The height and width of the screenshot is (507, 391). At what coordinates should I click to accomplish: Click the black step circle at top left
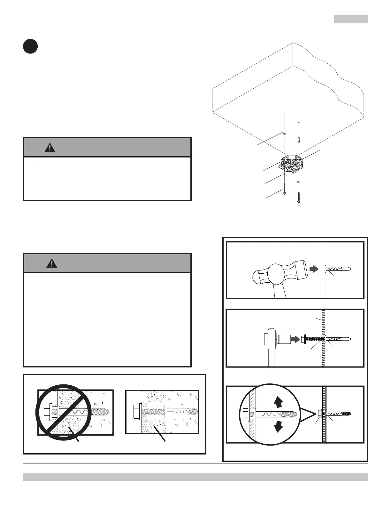coord(30,46)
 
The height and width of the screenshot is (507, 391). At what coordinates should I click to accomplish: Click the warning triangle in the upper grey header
coord(50,148)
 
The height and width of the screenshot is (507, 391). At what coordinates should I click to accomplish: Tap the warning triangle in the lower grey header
coord(51,263)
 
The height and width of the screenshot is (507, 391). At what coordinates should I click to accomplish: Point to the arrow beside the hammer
coord(315,269)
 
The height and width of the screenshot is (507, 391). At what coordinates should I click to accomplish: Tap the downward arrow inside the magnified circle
coord(279,426)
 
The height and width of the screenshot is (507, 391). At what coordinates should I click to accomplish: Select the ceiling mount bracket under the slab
coord(290,165)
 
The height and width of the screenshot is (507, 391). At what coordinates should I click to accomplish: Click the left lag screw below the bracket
coord(284,189)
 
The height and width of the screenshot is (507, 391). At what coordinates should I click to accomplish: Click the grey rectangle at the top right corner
coord(351,19)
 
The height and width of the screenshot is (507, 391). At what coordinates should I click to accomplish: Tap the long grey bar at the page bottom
coord(195,477)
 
